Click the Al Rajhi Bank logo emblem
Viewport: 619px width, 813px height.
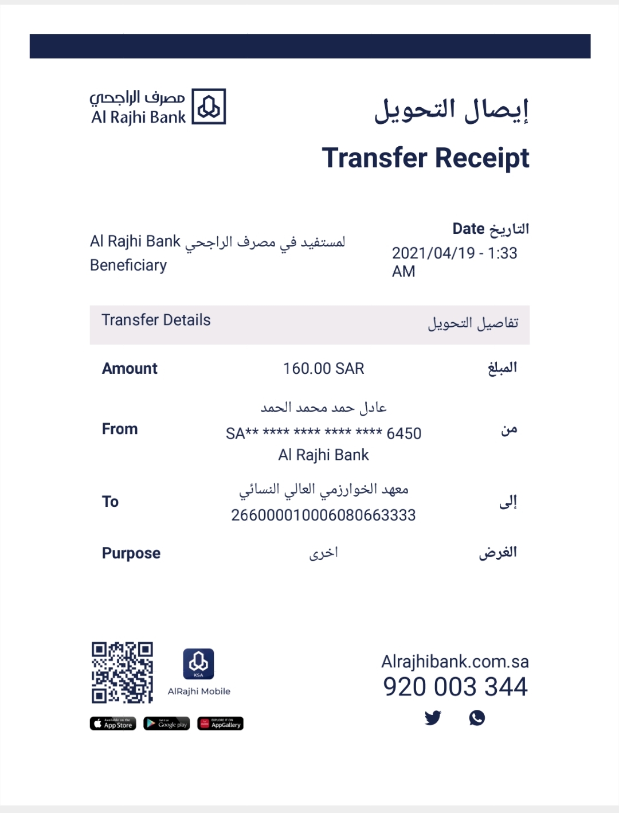(209, 107)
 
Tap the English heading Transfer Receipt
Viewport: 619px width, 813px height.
(425, 158)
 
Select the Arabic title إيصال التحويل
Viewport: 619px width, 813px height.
(451, 110)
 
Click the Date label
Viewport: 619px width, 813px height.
(469, 229)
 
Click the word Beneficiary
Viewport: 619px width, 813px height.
(128, 265)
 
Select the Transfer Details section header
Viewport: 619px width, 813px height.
(156, 320)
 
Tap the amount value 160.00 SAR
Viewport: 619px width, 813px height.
(323, 369)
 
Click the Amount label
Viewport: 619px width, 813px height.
(130, 369)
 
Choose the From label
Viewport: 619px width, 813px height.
(120, 429)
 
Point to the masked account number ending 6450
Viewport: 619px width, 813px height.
(323, 433)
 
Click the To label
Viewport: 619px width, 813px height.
(110, 502)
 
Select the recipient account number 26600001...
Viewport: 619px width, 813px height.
(323, 515)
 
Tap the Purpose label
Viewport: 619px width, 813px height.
(131, 553)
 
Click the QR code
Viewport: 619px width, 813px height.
(122, 673)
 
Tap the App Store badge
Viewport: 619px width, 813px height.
(113, 724)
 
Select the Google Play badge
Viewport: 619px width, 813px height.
(167, 724)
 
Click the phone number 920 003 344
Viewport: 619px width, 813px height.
(455, 687)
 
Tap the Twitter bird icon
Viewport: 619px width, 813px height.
(433, 717)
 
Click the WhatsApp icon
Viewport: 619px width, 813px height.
(477, 717)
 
